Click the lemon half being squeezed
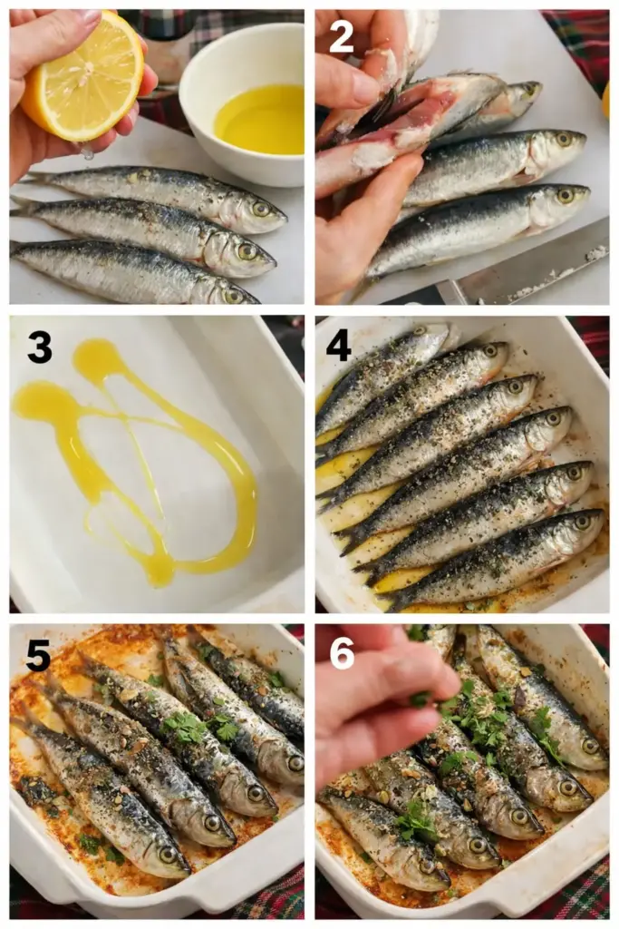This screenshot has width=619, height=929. [x=82, y=77]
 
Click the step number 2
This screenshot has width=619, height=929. [x=341, y=35]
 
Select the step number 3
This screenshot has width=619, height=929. [x=40, y=347]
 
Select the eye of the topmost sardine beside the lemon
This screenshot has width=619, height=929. [x=260, y=209]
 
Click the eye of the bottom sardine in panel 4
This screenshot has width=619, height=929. [x=583, y=522]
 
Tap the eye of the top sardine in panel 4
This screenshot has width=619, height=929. [x=421, y=330]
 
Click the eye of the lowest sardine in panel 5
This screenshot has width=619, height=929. [x=168, y=854]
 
